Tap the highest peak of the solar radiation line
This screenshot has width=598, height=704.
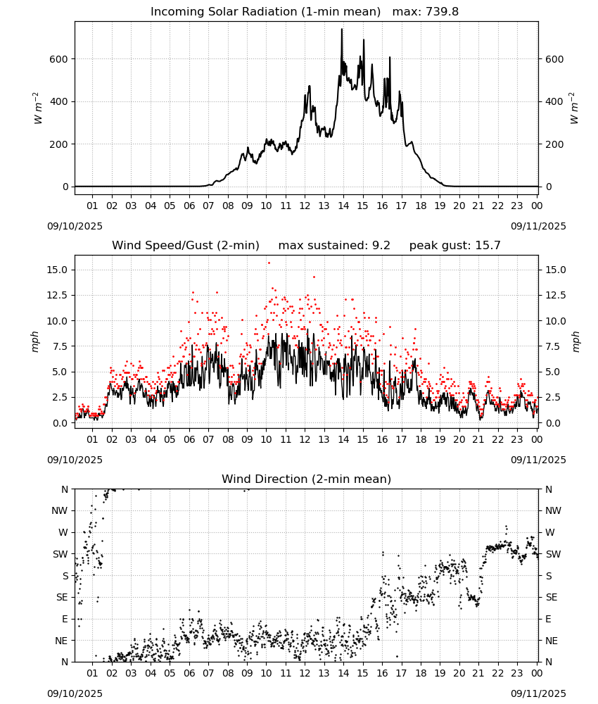(342, 29)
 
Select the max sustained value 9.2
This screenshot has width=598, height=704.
(381, 245)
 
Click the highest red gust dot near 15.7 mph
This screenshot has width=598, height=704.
(269, 263)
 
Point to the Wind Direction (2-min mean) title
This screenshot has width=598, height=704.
(307, 479)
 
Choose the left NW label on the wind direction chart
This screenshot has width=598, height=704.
(60, 510)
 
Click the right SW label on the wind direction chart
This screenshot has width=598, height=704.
(553, 554)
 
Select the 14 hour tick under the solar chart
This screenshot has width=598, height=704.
(343, 206)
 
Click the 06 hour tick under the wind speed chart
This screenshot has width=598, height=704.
(189, 439)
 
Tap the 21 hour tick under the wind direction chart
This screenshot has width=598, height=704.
(478, 673)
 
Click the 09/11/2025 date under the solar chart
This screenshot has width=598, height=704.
(538, 226)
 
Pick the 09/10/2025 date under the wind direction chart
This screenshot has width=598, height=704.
(75, 693)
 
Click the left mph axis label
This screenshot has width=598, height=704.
(35, 341)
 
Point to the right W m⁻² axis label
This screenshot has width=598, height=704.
(575, 108)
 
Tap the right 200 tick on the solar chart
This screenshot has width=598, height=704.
(554, 144)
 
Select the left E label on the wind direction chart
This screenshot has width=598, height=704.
(65, 619)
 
